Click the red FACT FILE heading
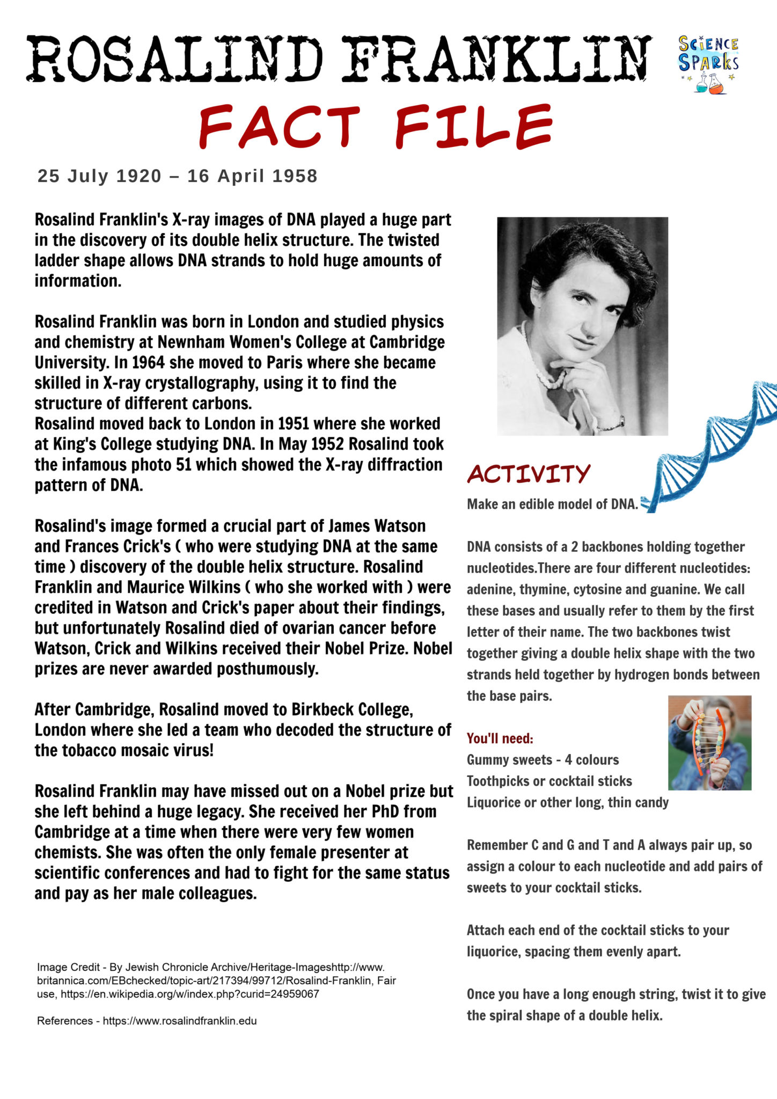click(376, 127)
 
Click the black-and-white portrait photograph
click(582, 326)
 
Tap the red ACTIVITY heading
click(529, 474)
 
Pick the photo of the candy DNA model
click(709, 743)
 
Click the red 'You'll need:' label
click(500, 738)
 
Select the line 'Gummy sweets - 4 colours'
click(543, 760)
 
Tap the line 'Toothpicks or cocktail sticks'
click(549, 781)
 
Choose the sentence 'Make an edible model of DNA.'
click(552, 504)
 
